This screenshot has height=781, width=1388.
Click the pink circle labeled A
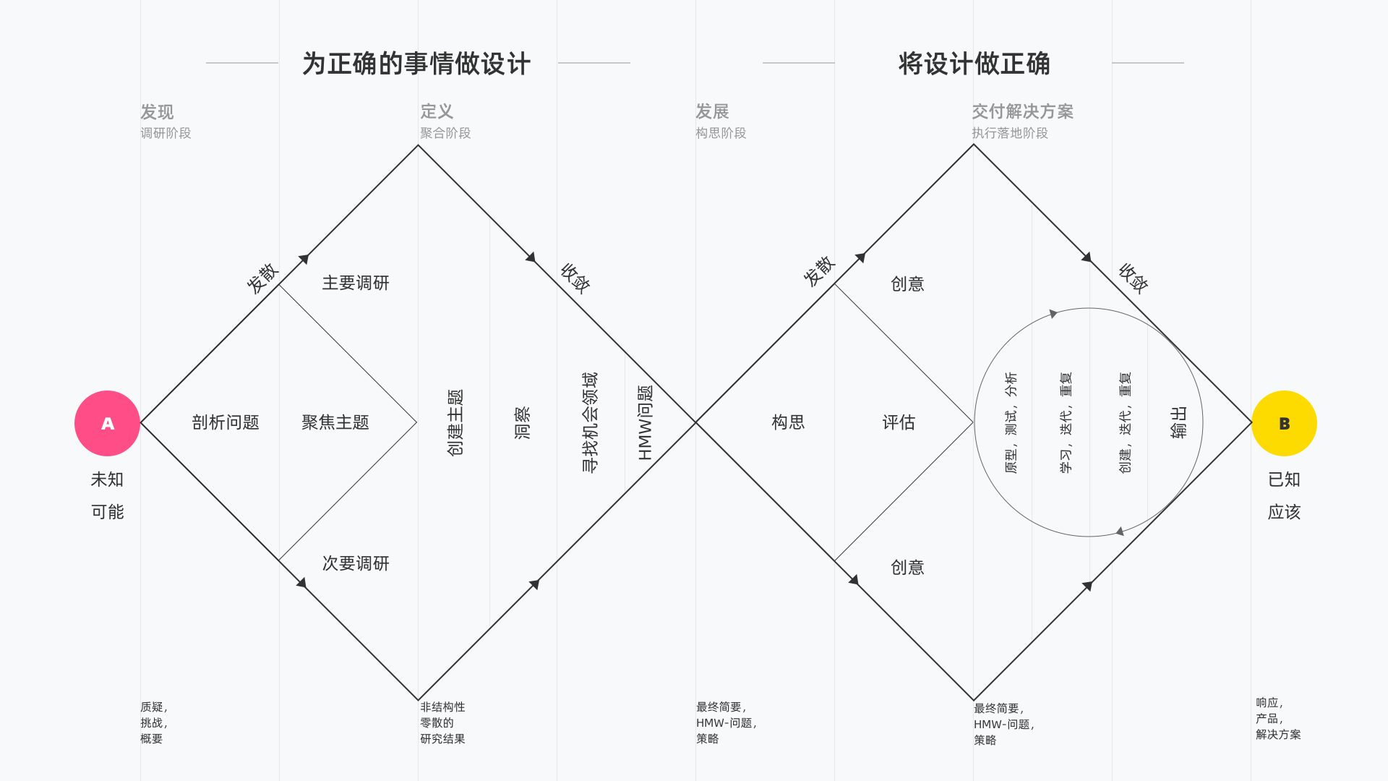point(107,423)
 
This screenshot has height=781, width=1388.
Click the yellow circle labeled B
point(1284,423)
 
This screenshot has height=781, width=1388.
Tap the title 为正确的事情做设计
point(416,64)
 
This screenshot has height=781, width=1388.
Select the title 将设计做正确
point(974,64)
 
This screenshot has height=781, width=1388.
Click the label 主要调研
point(356,283)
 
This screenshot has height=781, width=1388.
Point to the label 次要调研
point(356,563)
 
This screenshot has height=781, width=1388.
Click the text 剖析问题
point(226,422)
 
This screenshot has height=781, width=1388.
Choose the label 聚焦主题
point(335,422)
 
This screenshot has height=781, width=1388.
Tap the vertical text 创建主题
point(455,422)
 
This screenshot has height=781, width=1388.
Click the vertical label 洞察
point(522,422)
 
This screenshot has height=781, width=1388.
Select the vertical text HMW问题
point(645,422)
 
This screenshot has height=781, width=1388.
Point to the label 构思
point(788,422)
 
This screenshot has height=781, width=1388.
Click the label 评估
point(899,422)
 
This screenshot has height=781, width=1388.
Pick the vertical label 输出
point(1178,422)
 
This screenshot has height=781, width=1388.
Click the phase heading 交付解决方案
point(1022,111)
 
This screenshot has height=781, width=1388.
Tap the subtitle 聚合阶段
point(445,133)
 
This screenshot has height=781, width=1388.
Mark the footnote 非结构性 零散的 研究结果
point(442,722)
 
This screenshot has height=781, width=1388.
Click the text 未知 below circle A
point(107,479)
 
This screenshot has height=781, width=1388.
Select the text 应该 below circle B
point(1284,512)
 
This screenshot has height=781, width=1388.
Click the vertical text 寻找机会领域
point(590,422)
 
